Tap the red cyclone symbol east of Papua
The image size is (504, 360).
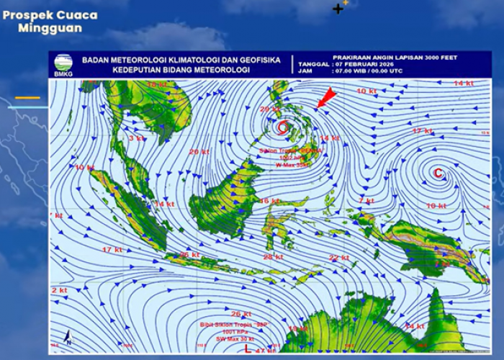pyautogui.click(x=438, y=172)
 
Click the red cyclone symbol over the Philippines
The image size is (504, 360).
pyautogui.click(x=282, y=127)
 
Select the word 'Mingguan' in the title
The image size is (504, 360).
pyautogui.click(x=50, y=28)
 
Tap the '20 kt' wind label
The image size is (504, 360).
pyautogui.click(x=199, y=152)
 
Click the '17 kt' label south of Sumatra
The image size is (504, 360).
pyautogui.click(x=112, y=250)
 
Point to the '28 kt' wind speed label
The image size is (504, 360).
pyautogui.click(x=273, y=257)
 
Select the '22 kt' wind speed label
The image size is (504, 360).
pyautogui.click(x=339, y=258)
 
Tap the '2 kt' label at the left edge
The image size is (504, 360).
pyautogui.click(x=58, y=289)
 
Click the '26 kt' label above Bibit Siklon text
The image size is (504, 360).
pyautogui.click(x=241, y=314)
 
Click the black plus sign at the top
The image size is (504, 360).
pyautogui.click(x=338, y=9)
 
